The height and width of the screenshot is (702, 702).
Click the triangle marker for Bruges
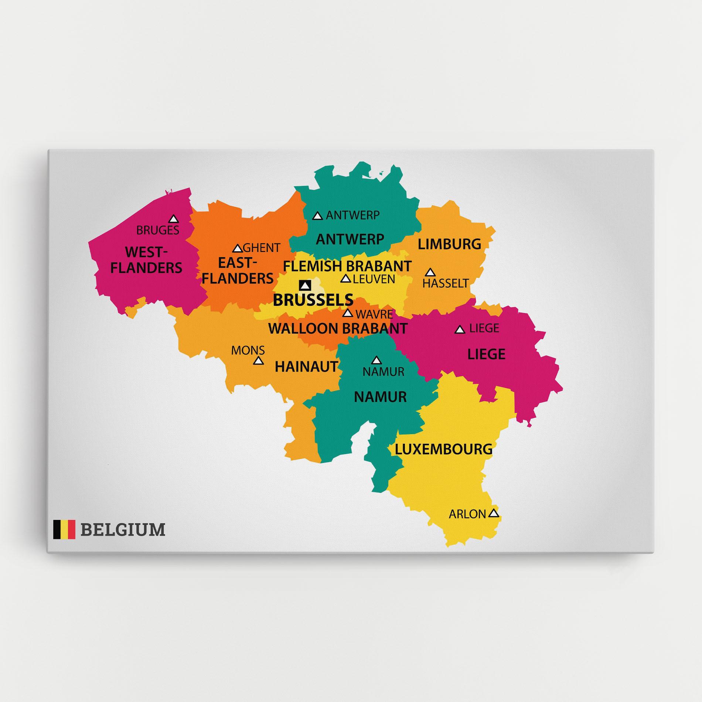pyautogui.click(x=173, y=219)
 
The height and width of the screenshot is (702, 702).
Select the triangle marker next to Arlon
pyautogui.click(x=494, y=513)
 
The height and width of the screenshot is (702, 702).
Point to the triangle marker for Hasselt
pyautogui.click(x=430, y=273)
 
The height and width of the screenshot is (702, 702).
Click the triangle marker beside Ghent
pyautogui.click(x=237, y=248)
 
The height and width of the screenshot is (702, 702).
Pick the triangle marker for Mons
pyautogui.click(x=259, y=361)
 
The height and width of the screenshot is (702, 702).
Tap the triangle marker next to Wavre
pyautogui.click(x=347, y=313)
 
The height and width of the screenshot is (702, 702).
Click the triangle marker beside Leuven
pyautogui.click(x=345, y=279)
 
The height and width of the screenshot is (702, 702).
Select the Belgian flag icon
pyautogui.click(x=64, y=529)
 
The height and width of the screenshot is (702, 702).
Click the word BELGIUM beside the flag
pyautogui.click(x=123, y=529)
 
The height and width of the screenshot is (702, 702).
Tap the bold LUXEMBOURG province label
pyautogui.click(x=444, y=449)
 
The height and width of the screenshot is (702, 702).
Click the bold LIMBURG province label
pyautogui.click(x=449, y=244)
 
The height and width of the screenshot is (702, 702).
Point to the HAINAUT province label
pyautogui.click(x=306, y=367)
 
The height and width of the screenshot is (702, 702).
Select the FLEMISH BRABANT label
pyautogui.click(x=347, y=266)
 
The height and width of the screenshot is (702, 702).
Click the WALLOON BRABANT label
pyautogui.click(x=338, y=328)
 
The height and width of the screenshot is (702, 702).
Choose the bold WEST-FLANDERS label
pyautogui.click(x=146, y=260)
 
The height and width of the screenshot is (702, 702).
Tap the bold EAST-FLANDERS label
pyautogui.click(x=237, y=270)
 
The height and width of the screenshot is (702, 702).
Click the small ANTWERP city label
pyautogui.click(x=352, y=215)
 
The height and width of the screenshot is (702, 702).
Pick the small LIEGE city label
pyautogui.click(x=484, y=328)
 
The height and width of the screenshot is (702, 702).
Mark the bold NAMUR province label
pyautogui.click(x=380, y=397)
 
